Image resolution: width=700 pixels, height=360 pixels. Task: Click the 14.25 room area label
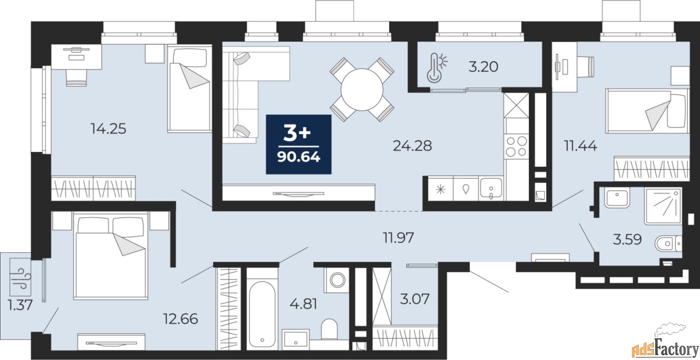click(108, 129)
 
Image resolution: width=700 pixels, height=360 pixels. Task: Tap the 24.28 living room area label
click(412, 146)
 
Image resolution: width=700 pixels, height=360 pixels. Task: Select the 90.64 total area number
click(299, 157)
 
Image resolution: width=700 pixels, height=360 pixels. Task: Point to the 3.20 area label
click(483, 67)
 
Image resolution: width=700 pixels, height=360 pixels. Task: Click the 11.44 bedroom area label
click(580, 146)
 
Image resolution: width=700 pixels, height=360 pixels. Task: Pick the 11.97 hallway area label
click(399, 238)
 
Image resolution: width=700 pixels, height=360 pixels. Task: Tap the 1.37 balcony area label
click(20, 305)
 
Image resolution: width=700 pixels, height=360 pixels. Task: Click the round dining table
click(362, 90)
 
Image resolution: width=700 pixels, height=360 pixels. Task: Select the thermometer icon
click(436, 67)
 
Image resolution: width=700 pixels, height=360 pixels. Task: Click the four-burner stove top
click(516, 147)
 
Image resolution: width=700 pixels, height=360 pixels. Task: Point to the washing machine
click(337, 280)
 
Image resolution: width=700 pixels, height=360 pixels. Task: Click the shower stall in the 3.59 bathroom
click(662, 206)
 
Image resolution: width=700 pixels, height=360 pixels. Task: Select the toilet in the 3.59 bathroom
click(668, 243)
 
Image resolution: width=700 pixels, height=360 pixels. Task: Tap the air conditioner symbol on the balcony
click(21, 277)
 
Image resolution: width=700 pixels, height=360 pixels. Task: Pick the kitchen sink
click(491, 188)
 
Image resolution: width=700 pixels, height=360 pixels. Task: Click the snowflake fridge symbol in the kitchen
click(441, 189)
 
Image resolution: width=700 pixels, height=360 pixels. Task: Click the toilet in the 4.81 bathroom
click(329, 328)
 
